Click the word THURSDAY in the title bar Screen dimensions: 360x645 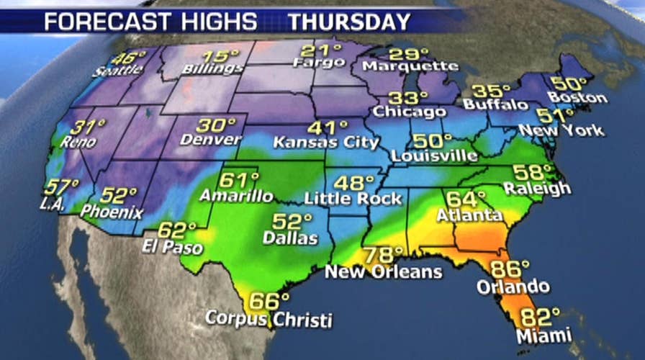[x=349, y=21]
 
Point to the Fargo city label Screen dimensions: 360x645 [x=315, y=63]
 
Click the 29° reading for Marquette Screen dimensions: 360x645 [x=404, y=54]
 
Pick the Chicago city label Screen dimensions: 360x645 [x=409, y=112]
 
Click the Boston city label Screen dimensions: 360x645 [x=577, y=97]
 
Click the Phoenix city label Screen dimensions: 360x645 [x=112, y=212]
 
